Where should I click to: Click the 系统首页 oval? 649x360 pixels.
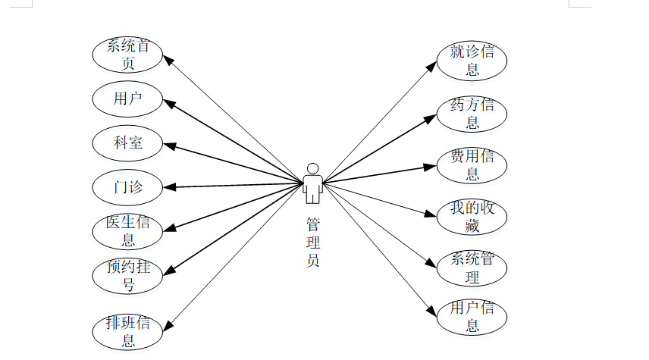coord(127,55)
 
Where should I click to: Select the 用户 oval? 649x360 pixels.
coord(127,98)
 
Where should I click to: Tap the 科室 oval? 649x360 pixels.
coord(127,142)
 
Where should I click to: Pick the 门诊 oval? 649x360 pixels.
coord(127,187)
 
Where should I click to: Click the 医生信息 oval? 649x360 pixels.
coord(127,231)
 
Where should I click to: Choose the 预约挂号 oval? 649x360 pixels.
coord(127,276)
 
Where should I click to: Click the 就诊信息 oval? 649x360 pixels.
coord(472,61)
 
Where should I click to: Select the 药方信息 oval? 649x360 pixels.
coord(472,114)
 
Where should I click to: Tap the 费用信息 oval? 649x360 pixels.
coord(472,165)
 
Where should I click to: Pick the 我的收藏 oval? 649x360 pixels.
coord(472,217)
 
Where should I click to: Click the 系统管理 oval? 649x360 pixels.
coord(472,268)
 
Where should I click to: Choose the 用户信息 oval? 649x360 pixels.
coord(472,317)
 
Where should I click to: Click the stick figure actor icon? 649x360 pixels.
coord(312,183)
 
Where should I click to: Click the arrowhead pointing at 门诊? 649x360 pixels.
coord(169,187)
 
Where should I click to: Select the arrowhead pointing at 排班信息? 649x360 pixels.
coord(168,326)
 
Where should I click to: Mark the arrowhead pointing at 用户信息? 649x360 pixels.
coord(431,310)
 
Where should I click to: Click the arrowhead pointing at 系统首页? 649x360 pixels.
coord(168,59)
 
